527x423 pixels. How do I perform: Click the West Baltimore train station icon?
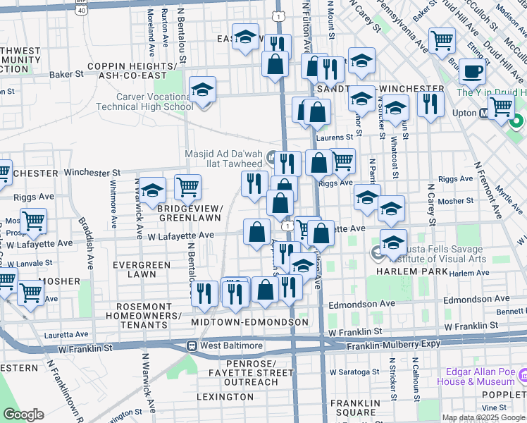pos(191,346)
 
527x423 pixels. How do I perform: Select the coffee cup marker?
pos(472,71)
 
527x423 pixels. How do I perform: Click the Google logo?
pos(23,415)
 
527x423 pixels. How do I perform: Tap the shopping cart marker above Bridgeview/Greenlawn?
pos(188,188)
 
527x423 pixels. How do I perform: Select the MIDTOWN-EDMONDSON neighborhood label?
pos(250,322)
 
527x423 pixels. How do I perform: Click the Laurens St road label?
pos(338,137)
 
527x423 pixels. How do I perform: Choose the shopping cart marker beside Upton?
pos(501,107)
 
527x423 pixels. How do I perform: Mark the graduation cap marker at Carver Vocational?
pos(202,90)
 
